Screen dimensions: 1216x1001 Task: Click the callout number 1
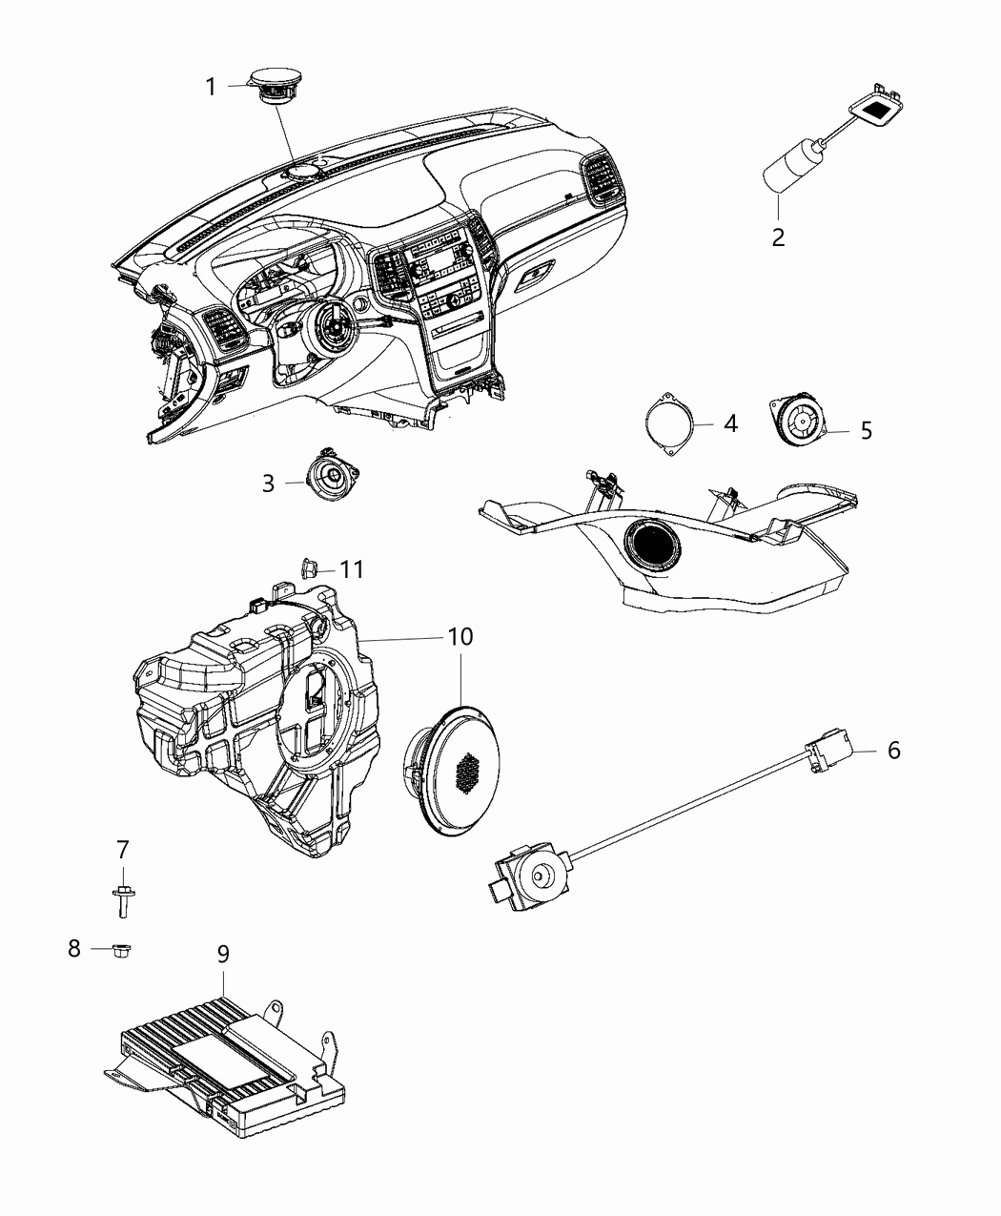211,88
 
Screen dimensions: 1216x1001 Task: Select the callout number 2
778,237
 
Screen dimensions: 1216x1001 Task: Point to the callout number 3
269,484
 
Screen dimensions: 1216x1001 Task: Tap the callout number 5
866,430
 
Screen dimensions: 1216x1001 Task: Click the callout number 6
893,751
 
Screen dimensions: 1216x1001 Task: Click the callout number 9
222,954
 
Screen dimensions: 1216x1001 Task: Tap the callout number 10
460,636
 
